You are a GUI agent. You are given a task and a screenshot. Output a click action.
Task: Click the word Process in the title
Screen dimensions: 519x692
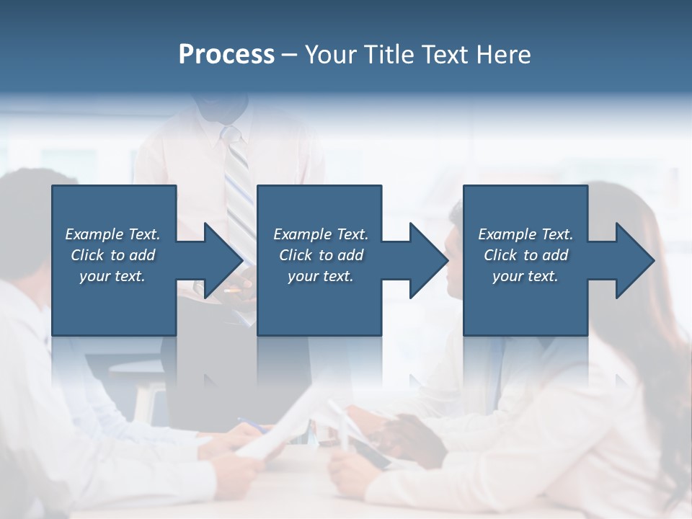point(226,55)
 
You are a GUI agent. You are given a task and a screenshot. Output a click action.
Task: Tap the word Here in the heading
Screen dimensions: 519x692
point(503,55)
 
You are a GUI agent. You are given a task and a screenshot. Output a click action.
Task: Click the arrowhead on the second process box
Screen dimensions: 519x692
point(427,260)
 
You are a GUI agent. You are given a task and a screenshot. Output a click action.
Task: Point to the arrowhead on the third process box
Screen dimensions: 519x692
point(633,260)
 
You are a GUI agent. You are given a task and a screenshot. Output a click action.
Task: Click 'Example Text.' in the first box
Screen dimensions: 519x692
point(112,234)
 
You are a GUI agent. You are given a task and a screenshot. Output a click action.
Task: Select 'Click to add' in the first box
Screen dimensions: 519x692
point(112,255)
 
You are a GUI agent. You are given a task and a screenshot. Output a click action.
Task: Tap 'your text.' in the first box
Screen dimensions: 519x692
point(112,276)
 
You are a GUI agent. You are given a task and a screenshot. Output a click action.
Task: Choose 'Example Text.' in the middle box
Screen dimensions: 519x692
point(321,234)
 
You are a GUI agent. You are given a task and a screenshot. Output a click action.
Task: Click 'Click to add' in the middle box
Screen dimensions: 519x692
point(321,255)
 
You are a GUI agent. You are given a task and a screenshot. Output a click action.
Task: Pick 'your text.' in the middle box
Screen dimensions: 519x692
point(321,276)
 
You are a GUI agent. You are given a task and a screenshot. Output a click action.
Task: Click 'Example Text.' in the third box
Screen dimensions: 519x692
point(525,234)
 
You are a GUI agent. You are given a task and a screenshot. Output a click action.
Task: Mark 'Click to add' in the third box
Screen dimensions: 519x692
point(525,255)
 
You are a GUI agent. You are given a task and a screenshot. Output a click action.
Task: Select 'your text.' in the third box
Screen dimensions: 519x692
point(525,276)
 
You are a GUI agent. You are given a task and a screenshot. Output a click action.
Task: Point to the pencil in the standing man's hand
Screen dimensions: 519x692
point(232,290)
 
